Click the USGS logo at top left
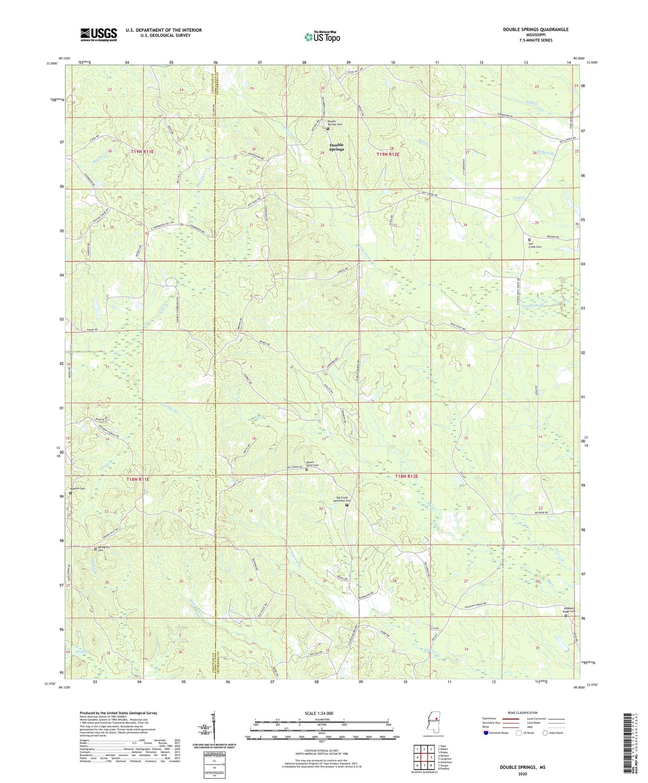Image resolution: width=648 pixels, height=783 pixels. coord(99,34)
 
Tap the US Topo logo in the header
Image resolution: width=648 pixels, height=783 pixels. coord(322,37)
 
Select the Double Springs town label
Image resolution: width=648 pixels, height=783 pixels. coord(336,147)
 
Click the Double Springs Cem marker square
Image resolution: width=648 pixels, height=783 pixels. coord(327,129)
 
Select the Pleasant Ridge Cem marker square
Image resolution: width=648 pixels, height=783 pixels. coord(565,616)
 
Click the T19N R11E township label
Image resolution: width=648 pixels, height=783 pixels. coord(143,152)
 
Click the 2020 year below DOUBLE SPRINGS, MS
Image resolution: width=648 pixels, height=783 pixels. coord(522,774)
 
